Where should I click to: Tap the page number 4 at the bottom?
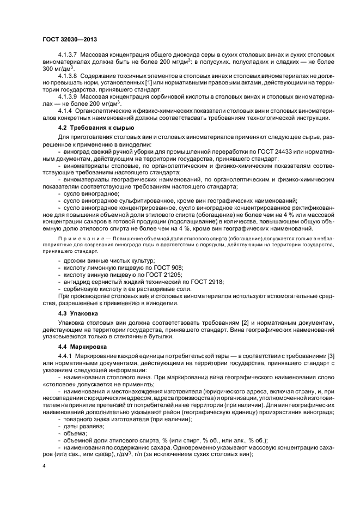click(44, 466)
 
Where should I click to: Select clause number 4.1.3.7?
click(69, 57)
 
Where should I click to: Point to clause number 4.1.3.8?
click(69, 75)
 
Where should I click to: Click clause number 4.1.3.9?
click(69, 96)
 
